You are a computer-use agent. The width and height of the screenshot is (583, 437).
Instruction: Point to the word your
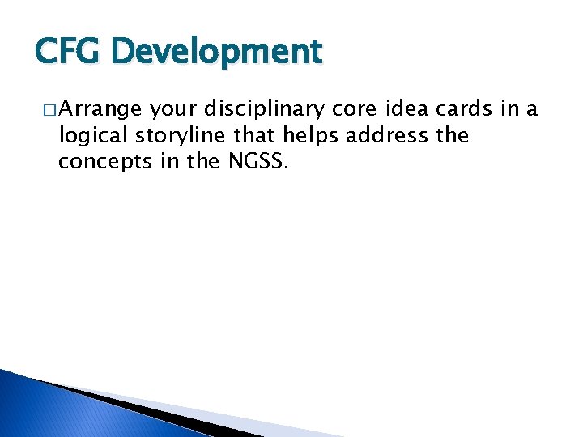172,110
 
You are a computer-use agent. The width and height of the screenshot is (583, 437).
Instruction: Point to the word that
253,135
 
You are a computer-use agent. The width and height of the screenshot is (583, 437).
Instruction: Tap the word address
388,135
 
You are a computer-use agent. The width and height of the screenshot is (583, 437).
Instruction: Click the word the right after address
453,135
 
